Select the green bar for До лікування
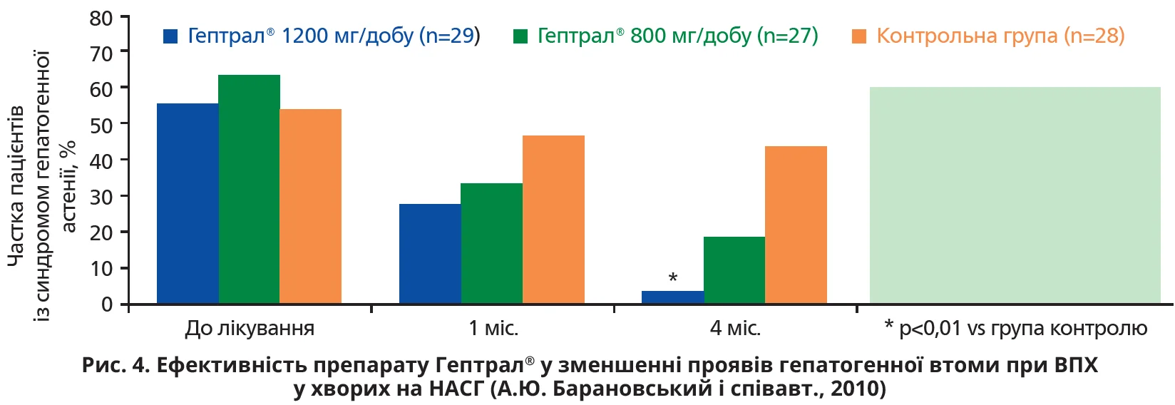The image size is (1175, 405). (x=249, y=189)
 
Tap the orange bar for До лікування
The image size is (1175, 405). (x=310, y=206)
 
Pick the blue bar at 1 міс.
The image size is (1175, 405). (x=430, y=254)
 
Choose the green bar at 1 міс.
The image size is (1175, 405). (x=491, y=243)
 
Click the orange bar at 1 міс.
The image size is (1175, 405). (x=553, y=220)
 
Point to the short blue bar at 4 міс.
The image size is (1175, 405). (x=672, y=297)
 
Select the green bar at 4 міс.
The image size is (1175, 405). (x=734, y=270)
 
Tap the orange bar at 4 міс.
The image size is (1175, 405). (x=796, y=225)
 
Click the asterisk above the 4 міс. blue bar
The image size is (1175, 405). (x=672, y=278)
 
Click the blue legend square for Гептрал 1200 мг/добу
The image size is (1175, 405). (x=170, y=36)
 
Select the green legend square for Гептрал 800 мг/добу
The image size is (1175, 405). (x=520, y=36)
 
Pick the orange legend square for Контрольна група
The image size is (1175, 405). (x=859, y=36)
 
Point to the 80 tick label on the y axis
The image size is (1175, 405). (x=101, y=18)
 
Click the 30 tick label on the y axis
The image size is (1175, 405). (x=101, y=197)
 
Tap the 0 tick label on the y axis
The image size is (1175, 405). (x=107, y=304)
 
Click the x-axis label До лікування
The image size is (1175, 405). (x=250, y=329)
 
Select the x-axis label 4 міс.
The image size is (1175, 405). (x=735, y=329)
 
